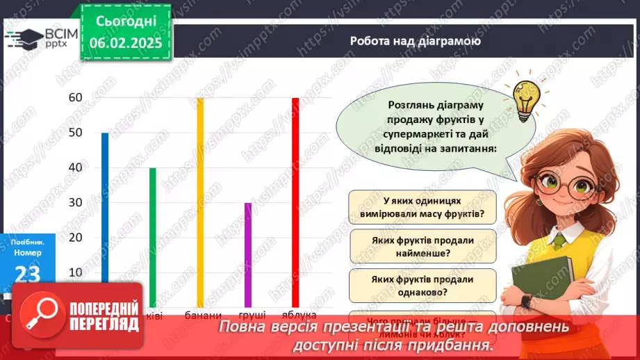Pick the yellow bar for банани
pos(200,202)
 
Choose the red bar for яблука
pos(295,202)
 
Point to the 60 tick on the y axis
pos(75,98)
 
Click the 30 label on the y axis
pos(75,202)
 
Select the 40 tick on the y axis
pos(75,167)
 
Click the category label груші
pos(249,316)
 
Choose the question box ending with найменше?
pos(422,246)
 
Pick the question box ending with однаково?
pos(422,285)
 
